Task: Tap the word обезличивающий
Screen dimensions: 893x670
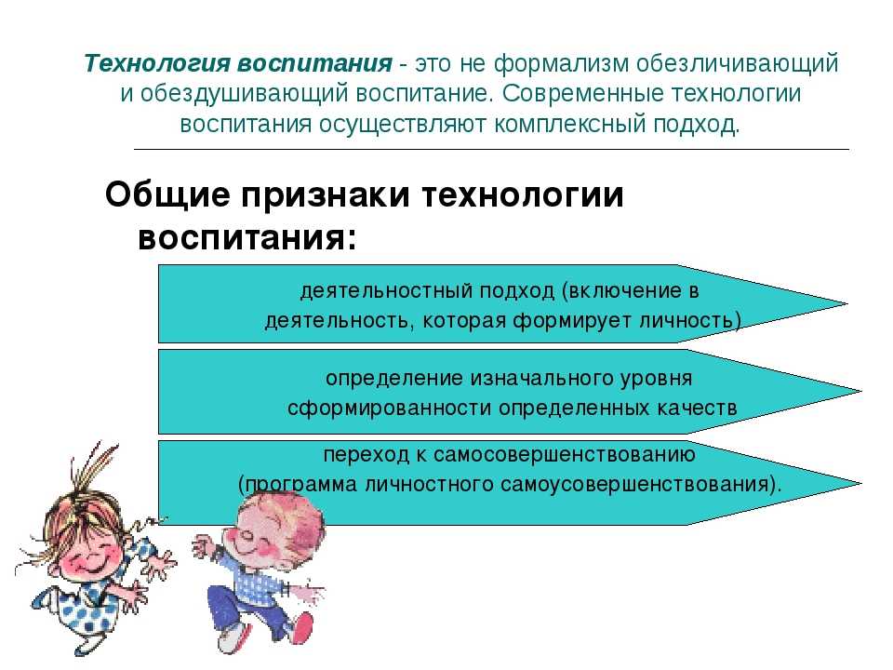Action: (x=737, y=64)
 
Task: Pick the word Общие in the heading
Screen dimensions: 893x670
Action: (x=167, y=195)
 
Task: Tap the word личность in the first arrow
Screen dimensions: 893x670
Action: (x=690, y=321)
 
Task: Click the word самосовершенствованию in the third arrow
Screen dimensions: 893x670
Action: (x=565, y=455)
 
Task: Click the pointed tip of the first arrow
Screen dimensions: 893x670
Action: (x=846, y=303)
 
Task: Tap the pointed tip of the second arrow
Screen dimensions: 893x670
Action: (x=860, y=392)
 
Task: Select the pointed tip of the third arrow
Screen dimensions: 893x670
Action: (x=860, y=483)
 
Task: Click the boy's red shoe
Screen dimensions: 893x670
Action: (x=301, y=629)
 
